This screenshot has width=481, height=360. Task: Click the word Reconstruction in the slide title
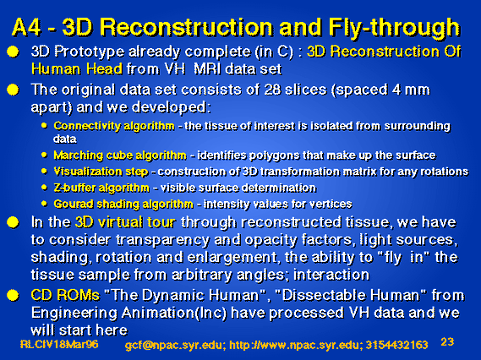[x=186, y=28]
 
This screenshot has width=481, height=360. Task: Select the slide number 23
[x=447, y=341]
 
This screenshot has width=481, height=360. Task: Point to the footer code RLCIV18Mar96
[x=59, y=344]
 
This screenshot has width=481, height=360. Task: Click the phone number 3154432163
[x=396, y=345]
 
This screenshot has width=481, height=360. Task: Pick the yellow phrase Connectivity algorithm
[x=114, y=126]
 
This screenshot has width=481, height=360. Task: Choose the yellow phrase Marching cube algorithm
[x=120, y=155]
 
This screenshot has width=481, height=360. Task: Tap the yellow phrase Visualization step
[x=101, y=172]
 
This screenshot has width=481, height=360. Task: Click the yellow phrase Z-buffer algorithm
[x=101, y=188]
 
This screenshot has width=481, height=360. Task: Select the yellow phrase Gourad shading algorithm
[x=123, y=205]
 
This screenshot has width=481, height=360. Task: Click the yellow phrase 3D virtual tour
[x=125, y=222]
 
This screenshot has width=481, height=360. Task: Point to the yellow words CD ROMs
[x=65, y=295]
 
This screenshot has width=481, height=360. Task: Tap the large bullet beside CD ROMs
[x=13, y=295]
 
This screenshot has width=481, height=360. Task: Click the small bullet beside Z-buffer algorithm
[x=45, y=187]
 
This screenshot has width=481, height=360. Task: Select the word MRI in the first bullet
[x=207, y=69]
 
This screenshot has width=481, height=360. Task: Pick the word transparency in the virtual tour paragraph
[x=162, y=241]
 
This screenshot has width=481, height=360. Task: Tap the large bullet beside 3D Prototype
[x=13, y=52]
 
